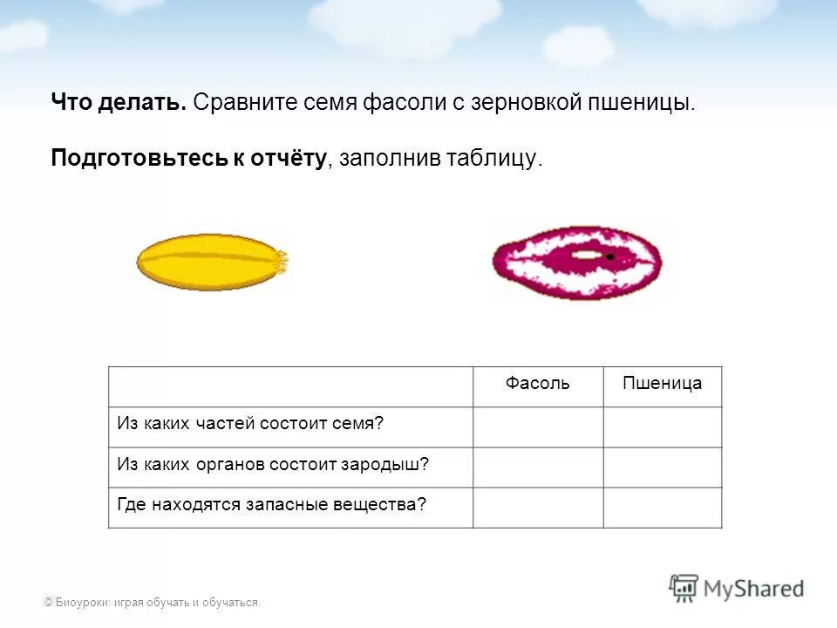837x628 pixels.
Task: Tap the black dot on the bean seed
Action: click(610, 257)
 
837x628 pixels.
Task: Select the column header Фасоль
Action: click(538, 384)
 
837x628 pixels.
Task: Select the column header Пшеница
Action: click(663, 384)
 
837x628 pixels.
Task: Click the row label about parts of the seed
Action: click(251, 424)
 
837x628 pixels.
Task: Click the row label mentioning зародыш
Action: click(273, 464)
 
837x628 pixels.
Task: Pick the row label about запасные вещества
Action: click(272, 504)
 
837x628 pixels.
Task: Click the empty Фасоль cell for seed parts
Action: click(538, 427)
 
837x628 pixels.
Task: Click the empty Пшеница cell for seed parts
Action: click(663, 427)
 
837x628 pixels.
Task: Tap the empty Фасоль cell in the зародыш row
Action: click(538, 467)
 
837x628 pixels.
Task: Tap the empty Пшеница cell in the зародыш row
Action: click(663, 467)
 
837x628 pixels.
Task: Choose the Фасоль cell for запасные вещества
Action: click(538, 507)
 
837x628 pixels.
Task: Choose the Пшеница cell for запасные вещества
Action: click(663, 507)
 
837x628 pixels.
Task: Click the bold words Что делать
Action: click(119, 103)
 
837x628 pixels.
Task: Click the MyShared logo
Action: click(737, 588)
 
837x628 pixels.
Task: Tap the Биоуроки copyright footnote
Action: click(153, 602)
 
